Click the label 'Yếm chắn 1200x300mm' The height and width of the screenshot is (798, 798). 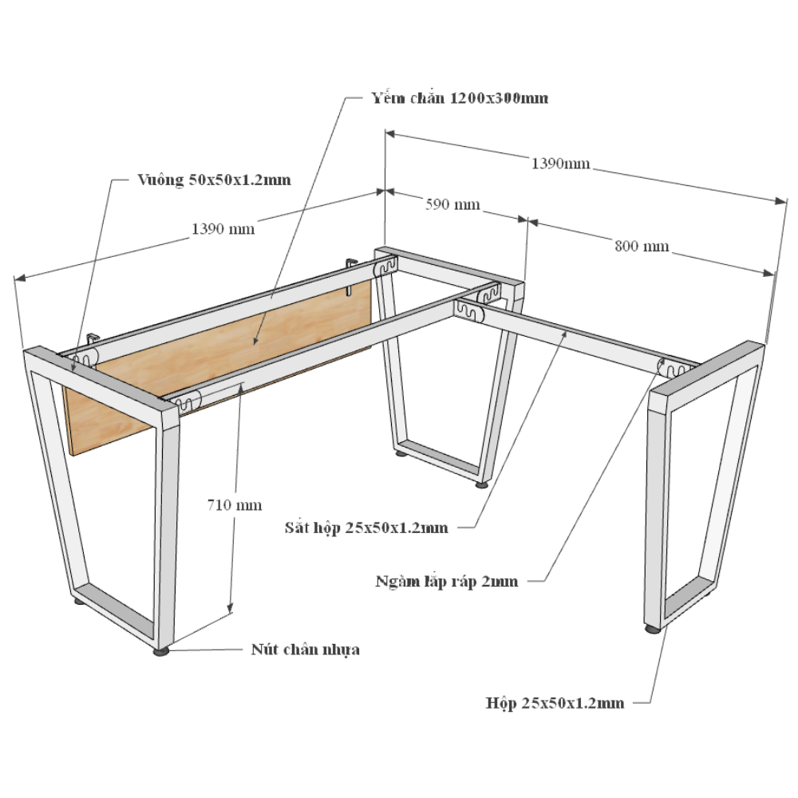click(460, 97)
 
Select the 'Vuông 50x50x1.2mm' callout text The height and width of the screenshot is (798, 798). click(214, 180)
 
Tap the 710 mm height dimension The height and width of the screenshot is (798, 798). click(235, 505)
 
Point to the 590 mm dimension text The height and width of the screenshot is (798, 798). click(452, 204)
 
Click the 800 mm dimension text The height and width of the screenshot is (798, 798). click(642, 247)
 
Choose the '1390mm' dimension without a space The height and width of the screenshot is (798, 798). click(561, 164)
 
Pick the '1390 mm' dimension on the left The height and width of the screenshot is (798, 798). click(223, 228)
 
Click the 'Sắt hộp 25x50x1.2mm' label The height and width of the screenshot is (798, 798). click(366, 527)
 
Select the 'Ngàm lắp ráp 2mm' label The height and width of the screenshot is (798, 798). click(447, 581)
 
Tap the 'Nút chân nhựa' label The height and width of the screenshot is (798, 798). click(306, 650)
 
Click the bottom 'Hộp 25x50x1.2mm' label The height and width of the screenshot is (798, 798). click(555, 703)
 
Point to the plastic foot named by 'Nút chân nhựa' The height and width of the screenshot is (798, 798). click(161, 651)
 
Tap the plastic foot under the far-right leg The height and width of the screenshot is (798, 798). click(653, 629)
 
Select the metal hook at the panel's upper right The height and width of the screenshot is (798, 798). click(351, 275)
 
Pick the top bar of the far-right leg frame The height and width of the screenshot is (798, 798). click(707, 370)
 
